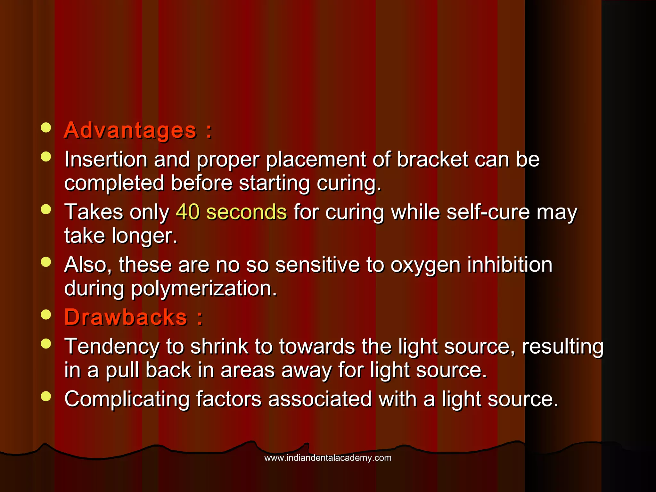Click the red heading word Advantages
[x=130, y=131]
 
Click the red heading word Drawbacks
[x=126, y=317]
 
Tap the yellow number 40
[x=188, y=212]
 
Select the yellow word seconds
[x=246, y=212]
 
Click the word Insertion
[x=106, y=159]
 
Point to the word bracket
[x=432, y=159]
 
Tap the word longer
[x=144, y=236]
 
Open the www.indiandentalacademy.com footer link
[x=328, y=458]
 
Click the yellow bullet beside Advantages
[x=46, y=127]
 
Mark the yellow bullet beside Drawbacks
[x=46, y=315]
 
